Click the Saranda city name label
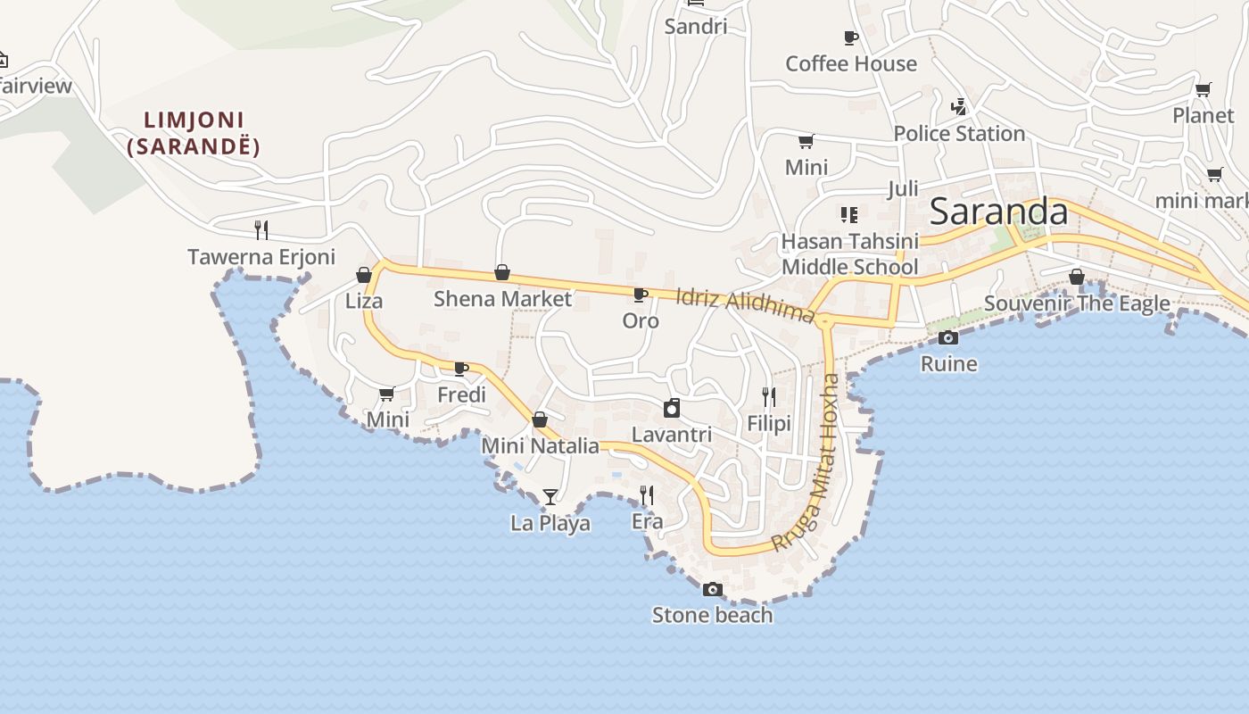coord(998,212)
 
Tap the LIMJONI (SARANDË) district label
coord(194,133)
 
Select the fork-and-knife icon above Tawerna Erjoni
coord(261,230)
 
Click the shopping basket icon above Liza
coord(364,275)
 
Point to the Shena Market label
coord(502,299)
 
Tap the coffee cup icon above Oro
coord(640,295)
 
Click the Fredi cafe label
coord(461,394)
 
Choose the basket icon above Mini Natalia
coord(540,419)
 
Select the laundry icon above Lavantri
coord(672,409)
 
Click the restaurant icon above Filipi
coord(768,396)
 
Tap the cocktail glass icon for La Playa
coord(550,497)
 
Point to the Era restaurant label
coord(647,521)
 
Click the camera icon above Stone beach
coord(712,589)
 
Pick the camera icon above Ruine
coord(948,337)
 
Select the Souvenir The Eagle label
coord(1077,303)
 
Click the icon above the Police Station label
coord(959,107)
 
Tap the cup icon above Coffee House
coord(850,37)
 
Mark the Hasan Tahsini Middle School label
coord(849,254)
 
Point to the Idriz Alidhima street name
coord(745,303)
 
